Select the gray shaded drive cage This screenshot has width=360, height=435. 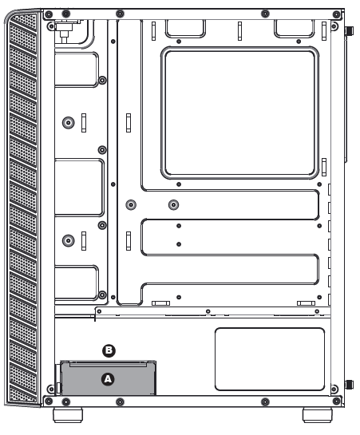pyautogui.click(x=128, y=379)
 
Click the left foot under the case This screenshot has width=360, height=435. pyautogui.click(x=69, y=415)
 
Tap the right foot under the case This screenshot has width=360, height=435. pyautogui.click(x=317, y=415)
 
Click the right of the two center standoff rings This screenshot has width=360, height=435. pyautogui.click(x=174, y=204)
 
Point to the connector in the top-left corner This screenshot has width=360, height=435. pyautogui.click(x=64, y=31)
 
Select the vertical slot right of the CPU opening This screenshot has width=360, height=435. pyautogui.click(x=325, y=168)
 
